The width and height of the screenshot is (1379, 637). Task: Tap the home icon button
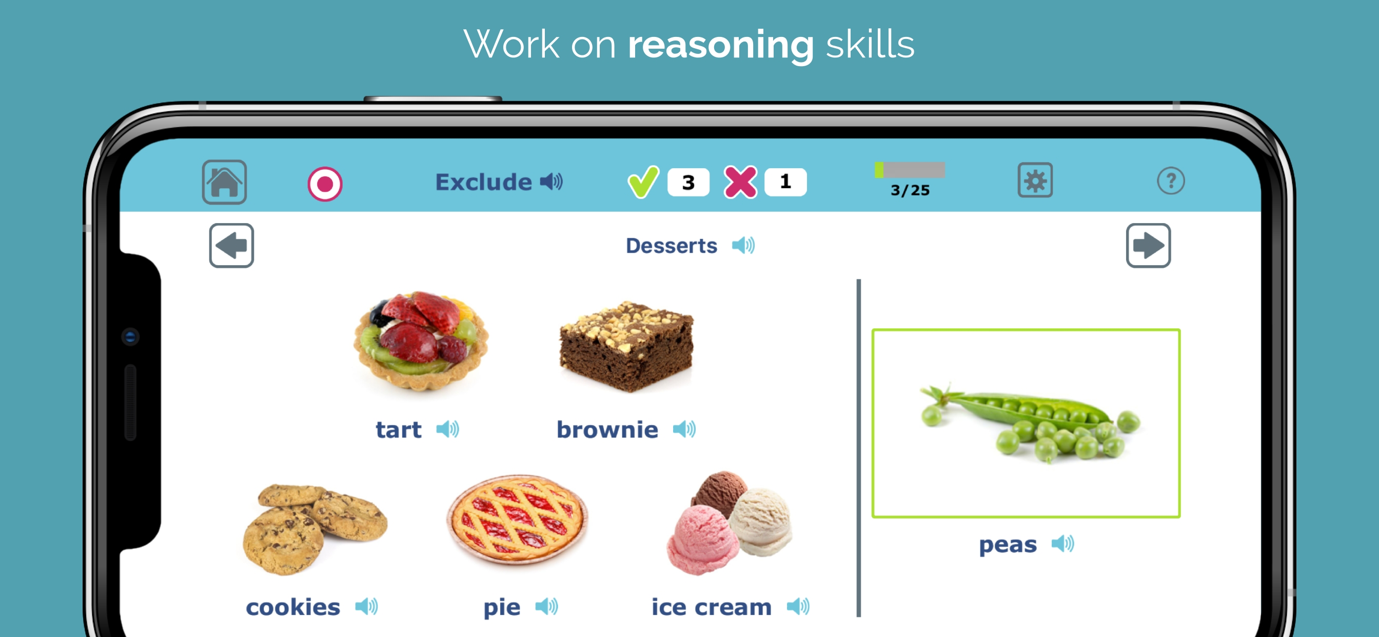coord(224,182)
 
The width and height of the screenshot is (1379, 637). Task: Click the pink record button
coord(325,184)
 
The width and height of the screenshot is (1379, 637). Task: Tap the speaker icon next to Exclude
coord(551,182)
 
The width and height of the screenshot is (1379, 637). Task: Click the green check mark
coord(643,182)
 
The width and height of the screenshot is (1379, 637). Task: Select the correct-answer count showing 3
coord(688,183)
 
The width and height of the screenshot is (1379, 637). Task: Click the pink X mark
coord(740,182)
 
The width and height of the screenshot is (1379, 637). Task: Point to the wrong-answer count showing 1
coord(785,182)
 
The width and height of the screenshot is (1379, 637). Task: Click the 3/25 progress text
coord(910,190)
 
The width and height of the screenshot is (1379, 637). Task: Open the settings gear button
coord(1035,181)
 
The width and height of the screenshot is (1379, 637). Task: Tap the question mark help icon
coord(1171,181)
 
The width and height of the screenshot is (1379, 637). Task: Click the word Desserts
coord(672,246)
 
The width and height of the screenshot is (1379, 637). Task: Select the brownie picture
coord(626,346)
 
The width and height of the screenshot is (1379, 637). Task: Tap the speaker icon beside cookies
coord(367,607)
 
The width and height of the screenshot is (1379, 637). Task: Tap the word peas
coord(1008,545)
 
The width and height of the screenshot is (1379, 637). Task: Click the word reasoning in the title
coord(721,45)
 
